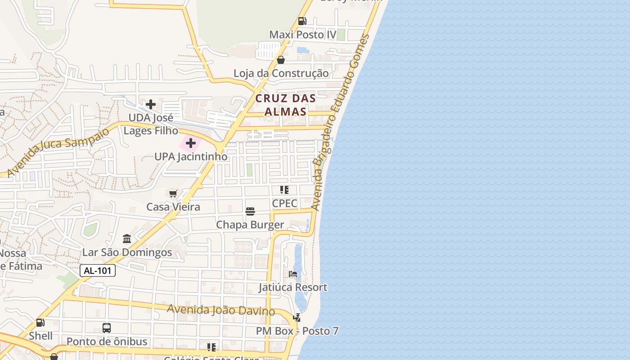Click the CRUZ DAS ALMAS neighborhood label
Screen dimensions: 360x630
pyautogui.click(x=285, y=105)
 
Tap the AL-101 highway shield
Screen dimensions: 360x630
pyautogui.click(x=98, y=270)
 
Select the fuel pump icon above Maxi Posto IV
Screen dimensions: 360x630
pyautogui.click(x=302, y=21)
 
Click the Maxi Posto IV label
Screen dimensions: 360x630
pyautogui.click(x=303, y=35)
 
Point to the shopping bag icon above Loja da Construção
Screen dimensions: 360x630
pyautogui.click(x=281, y=60)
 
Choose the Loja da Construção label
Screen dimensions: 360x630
pyautogui.click(x=281, y=73)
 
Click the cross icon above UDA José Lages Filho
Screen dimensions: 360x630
pyautogui.click(x=151, y=104)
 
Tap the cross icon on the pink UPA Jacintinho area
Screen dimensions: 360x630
pyautogui.click(x=191, y=144)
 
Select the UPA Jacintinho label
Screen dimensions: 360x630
pyautogui.click(x=191, y=157)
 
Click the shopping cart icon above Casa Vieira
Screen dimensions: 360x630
pyautogui.click(x=173, y=193)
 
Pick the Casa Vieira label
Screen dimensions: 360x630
pyautogui.click(x=173, y=207)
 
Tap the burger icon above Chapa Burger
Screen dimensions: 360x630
pyautogui.click(x=250, y=211)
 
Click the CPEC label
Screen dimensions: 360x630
pyautogui.click(x=284, y=203)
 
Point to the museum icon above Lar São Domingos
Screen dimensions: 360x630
pyautogui.click(x=127, y=238)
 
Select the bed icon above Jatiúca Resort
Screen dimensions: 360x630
pyautogui.click(x=293, y=274)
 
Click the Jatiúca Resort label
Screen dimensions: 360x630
pyautogui.click(x=293, y=287)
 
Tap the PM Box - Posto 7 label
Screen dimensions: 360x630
pyautogui.click(x=297, y=331)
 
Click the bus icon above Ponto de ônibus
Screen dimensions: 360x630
pyautogui.click(x=107, y=328)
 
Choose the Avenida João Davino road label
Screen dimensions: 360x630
pyautogui.click(x=221, y=310)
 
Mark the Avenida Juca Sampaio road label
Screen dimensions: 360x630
pyautogui.click(x=58, y=151)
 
